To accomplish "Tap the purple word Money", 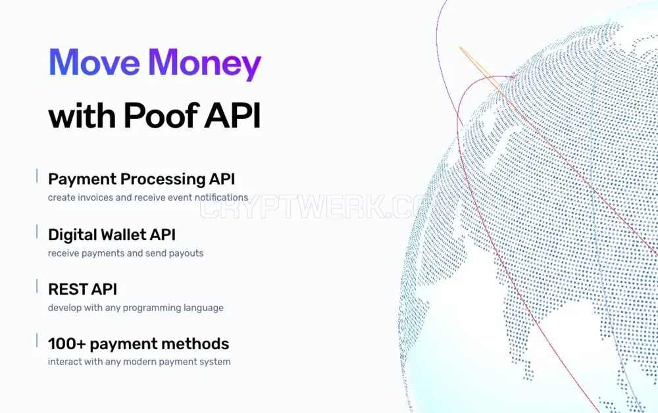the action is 205,64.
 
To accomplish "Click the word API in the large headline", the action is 232,115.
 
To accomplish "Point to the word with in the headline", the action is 82,115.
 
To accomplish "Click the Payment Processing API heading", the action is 141,179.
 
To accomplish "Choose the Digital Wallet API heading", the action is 112,235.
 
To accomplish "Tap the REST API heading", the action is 83,289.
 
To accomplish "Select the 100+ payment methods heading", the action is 138,344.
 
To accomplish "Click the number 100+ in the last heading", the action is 67,344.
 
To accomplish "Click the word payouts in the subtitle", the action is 186,254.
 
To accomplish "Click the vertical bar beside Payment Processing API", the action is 37,176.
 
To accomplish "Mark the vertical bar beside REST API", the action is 37,286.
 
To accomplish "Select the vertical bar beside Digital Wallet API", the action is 37,232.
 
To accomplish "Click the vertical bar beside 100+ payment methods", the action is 37,341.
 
